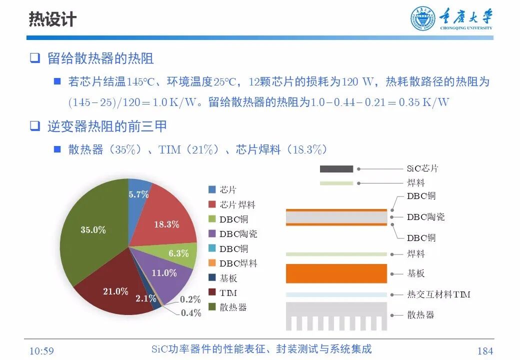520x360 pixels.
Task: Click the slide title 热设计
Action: point(52,19)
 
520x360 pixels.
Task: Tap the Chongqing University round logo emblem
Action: point(423,19)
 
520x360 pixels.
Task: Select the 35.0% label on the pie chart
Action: point(93,230)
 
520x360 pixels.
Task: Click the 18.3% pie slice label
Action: point(166,224)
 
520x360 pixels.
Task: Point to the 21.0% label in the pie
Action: point(115,291)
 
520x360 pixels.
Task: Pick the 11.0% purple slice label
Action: point(164,273)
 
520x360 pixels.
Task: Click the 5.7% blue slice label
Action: point(138,194)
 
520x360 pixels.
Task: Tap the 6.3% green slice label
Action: point(178,253)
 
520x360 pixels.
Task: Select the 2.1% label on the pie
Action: point(145,298)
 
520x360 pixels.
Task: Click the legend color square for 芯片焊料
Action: point(211,204)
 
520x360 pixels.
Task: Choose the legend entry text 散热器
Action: point(233,307)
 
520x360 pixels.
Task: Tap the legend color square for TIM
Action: point(211,292)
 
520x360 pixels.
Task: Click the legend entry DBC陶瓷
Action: point(238,234)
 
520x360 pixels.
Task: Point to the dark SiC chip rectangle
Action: point(336,169)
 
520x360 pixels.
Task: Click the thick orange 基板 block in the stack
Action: point(336,273)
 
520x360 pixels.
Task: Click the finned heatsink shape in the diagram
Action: point(336,315)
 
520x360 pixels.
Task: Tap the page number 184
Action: point(485,351)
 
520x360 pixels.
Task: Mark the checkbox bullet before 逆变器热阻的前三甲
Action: point(34,126)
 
